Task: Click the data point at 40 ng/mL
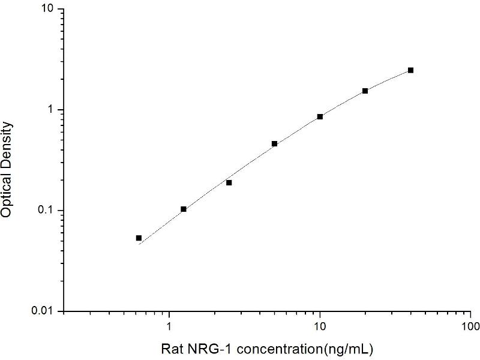point(410,70)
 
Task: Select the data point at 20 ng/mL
point(365,91)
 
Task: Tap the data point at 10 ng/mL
point(320,116)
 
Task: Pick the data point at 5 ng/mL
point(274,143)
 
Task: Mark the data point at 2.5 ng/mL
point(229,182)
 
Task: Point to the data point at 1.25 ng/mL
point(184,209)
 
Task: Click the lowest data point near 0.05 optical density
point(139,238)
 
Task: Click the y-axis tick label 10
point(47,10)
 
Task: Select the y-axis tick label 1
point(51,110)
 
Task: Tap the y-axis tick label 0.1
point(46,211)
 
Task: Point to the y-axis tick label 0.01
point(44,311)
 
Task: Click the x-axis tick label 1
point(169,327)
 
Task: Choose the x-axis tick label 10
point(320,327)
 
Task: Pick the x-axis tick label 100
point(470,327)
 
